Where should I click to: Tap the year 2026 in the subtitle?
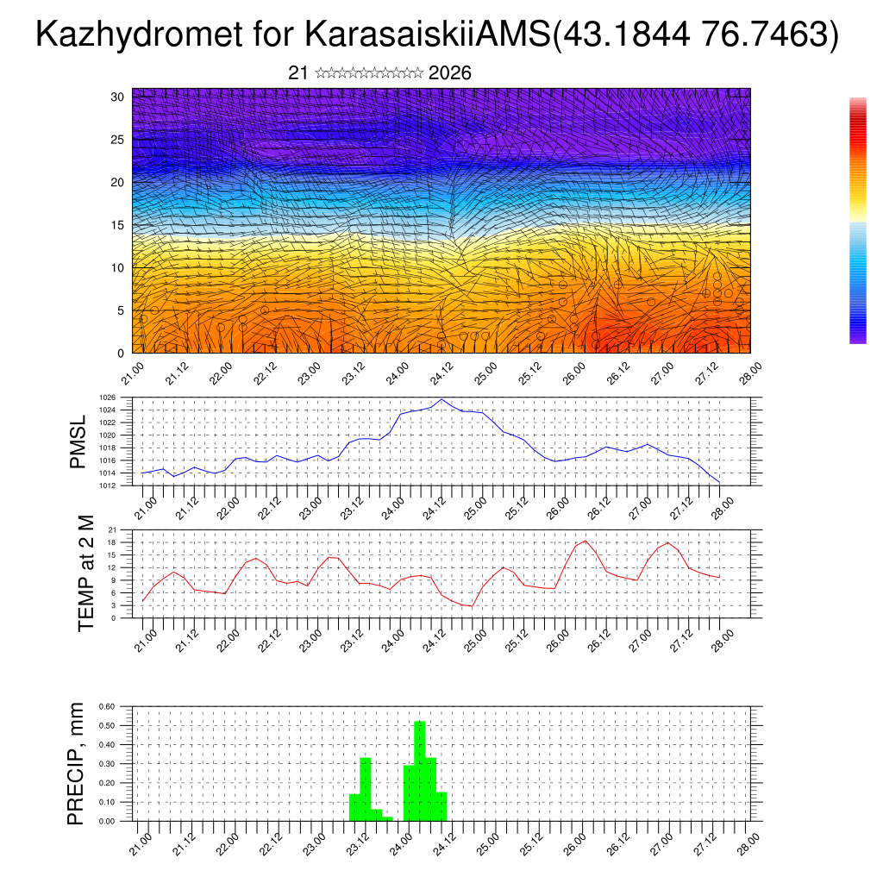[x=449, y=73]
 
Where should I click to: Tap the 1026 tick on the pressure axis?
[x=108, y=398]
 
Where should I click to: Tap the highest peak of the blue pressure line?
[x=442, y=399]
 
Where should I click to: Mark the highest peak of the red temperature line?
[x=586, y=541]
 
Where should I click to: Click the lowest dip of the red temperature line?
[x=472, y=606]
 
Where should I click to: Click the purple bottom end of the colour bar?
[x=857, y=340]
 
